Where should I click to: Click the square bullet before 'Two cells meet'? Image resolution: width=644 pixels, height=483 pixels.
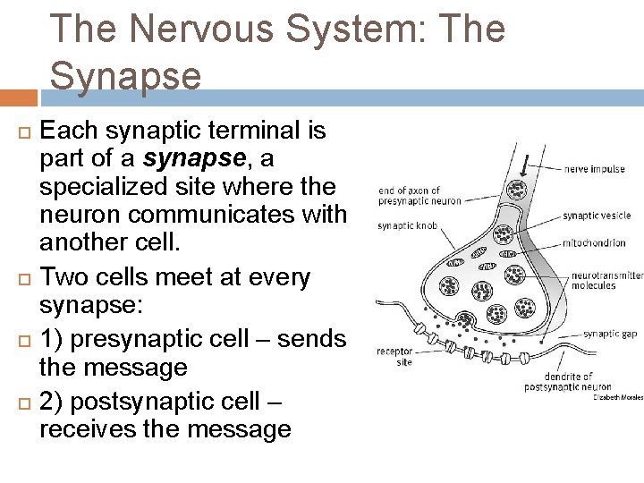(x=23, y=278)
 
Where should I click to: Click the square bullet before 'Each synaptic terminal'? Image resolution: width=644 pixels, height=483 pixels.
(x=23, y=131)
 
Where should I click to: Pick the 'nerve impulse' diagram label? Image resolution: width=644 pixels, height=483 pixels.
(x=594, y=169)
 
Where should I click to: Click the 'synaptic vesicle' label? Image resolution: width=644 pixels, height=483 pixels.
(x=596, y=216)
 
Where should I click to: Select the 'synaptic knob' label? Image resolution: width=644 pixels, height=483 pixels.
(x=407, y=226)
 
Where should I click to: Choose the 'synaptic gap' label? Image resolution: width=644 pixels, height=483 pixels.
(x=610, y=334)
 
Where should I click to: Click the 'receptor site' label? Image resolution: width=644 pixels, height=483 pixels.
(x=394, y=357)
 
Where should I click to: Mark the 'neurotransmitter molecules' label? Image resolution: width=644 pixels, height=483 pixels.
(x=607, y=281)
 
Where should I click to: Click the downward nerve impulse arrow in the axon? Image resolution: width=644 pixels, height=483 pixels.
(x=524, y=165)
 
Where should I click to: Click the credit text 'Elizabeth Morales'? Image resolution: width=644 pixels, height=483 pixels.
(x=617, y=397)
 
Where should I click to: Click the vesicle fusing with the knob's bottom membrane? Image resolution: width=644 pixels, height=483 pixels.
(x=465, y=320)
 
